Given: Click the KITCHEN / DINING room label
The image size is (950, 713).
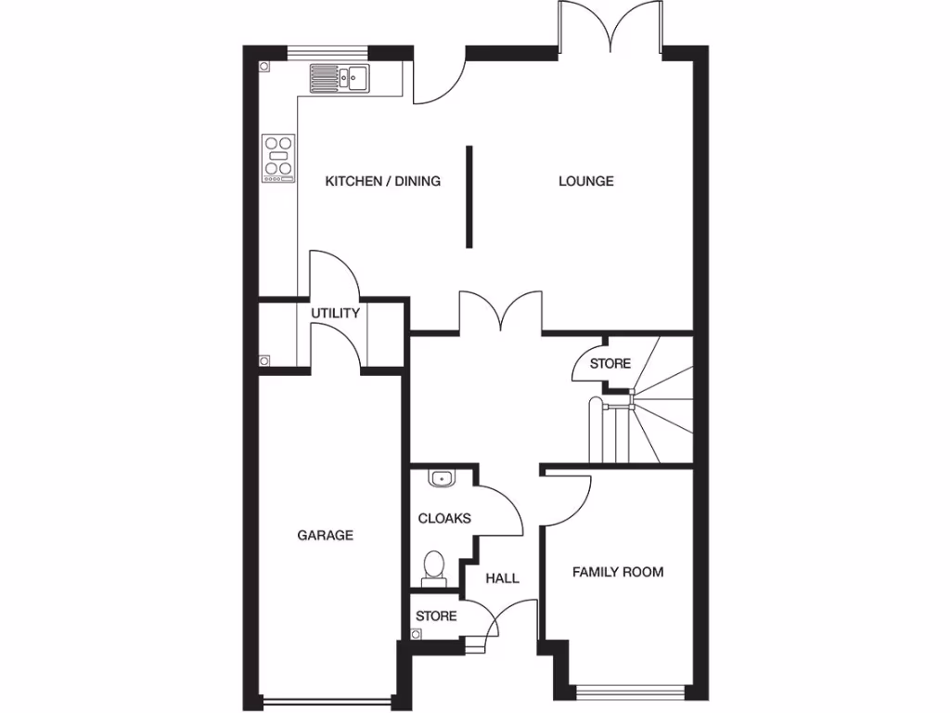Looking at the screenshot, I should [x=382, y=181].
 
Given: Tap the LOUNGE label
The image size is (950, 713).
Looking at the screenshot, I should [x=585, y=181].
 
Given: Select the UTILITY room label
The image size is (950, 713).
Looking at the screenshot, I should [x=335, y=314].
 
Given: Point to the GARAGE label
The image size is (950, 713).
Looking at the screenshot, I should [x=325, y=535].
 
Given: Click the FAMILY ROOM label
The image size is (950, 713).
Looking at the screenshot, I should [x=617, y=572].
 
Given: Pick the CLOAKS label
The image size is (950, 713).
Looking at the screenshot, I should [x=444, y=518].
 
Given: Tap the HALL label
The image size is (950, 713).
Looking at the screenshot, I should [x=503, y=578].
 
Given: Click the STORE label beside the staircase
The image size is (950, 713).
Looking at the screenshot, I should [x=610, y=363].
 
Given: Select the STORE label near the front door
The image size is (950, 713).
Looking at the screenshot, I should [x=436, y=616].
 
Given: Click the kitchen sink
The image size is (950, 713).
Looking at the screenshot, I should [x=340, y=77].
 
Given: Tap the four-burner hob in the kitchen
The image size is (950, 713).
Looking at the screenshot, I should [x=278, y=158].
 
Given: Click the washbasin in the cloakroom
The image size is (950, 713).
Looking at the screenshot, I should [x=442, y=479].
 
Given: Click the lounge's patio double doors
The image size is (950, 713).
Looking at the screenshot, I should [x=610, y=28].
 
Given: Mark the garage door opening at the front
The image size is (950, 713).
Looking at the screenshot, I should [x=326, y=701].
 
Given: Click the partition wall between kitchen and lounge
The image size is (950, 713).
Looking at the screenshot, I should [x=469, y=196].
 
